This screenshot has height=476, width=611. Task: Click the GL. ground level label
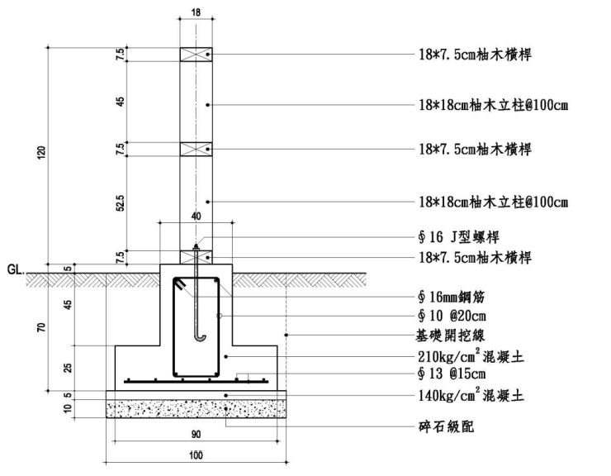(x=16, y=269)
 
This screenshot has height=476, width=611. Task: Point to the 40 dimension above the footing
(x=196, y=217)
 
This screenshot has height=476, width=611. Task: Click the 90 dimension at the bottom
(x=195, y=431)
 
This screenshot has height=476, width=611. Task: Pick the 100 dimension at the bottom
(x=195, y=455)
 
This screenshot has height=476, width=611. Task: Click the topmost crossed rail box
(x=196, y=55)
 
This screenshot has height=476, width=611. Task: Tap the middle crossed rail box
(x=196, y=149)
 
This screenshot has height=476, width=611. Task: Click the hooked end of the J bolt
(x=197, y=335)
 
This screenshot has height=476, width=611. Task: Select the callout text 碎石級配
(x=447, y=427)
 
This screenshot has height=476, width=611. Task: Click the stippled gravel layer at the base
(x=195, y=408)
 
